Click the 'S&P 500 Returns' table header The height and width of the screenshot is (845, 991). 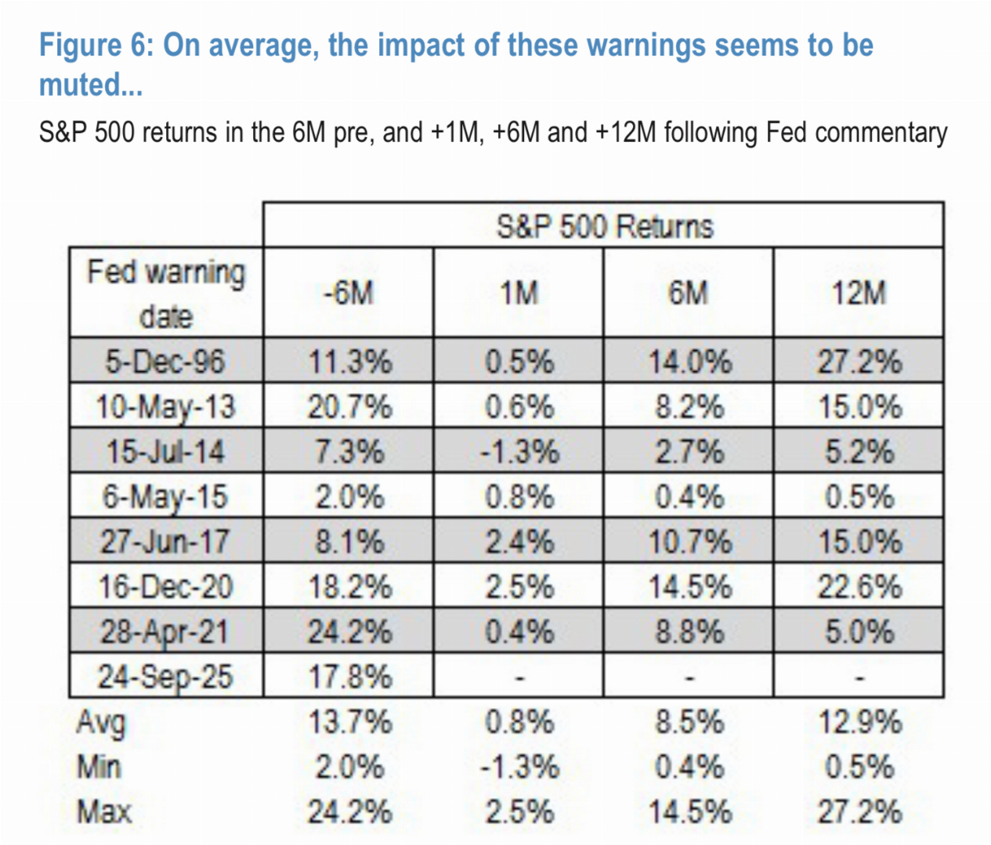click(x=604, y=226)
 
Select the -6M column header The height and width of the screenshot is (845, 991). click(x=349, y=293)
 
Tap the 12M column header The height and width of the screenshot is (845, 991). click(x=859, y=293)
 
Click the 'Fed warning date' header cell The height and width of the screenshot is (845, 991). click(x=166, y=294)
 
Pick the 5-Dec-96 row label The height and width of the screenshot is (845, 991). click(x=165, y=362)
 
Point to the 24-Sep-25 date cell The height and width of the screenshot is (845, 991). click(x=165, y=677)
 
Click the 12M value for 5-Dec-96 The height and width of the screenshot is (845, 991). click(x=859, y=362)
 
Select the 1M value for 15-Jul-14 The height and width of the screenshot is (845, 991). click(x=519, y=452)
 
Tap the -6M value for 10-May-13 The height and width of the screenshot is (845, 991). click(x=349, y=407)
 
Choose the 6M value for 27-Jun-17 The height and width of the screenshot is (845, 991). click(x=689, y=542)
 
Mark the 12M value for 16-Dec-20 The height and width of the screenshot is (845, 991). click(x=859, y=587)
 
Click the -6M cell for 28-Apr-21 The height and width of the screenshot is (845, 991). click(x=349, y=632)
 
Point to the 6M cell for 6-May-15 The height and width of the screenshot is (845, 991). click(x=689, y=497)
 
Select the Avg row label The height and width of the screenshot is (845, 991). click(x=100, y=722)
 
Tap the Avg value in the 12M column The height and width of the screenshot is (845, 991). click(x=859, y=721)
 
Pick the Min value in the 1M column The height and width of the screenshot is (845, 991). click(x=519, y=767)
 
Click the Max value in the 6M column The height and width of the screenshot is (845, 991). click(x=689, y=811)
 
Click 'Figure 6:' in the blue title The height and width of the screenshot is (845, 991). click(x=96, y=45)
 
